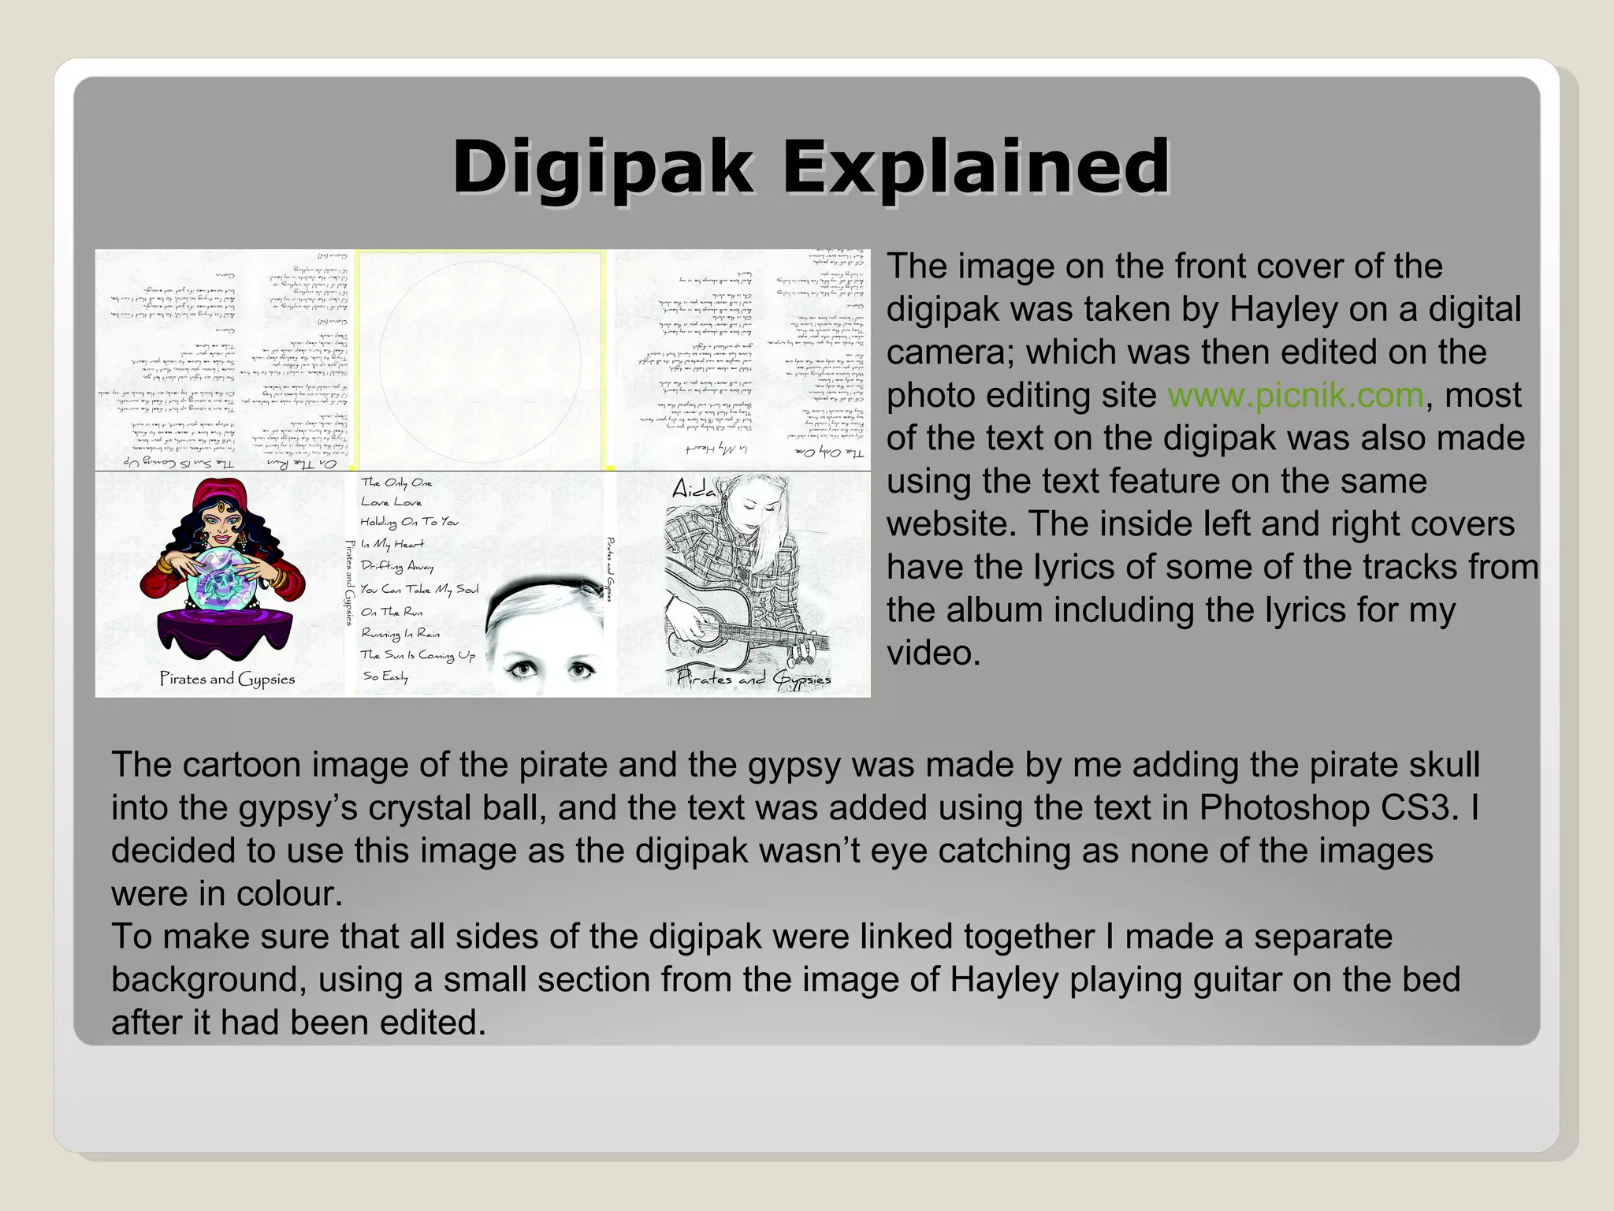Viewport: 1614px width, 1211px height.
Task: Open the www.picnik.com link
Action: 1296,395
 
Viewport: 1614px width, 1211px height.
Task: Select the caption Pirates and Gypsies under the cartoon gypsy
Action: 227,679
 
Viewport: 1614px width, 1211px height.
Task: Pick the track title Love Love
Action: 392,501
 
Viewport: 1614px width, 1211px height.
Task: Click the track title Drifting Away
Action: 397,566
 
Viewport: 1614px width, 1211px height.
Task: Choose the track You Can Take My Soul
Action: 419,589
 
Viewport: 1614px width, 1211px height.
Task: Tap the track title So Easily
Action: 385,676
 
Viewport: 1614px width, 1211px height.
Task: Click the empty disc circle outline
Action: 481,360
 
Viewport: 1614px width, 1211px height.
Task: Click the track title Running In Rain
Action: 400,633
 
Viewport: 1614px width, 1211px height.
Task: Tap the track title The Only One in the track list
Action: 396,483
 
